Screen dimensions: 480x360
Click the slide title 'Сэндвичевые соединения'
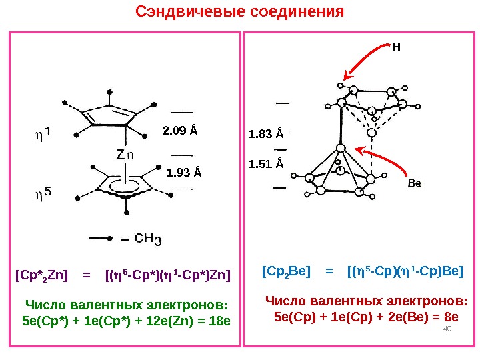coord(239,12)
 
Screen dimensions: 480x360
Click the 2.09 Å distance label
coord(180,129)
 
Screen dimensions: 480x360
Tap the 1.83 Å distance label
coord(265,135)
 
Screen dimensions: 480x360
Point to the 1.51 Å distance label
coord(265,163)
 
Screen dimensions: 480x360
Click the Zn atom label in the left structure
coord(125,154)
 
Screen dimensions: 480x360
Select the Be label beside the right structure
coord(415,183)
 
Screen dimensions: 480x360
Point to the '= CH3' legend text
coord(141,238)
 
